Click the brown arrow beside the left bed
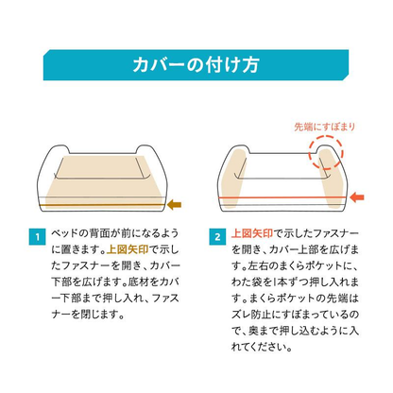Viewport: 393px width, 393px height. (x=178, y=201)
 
